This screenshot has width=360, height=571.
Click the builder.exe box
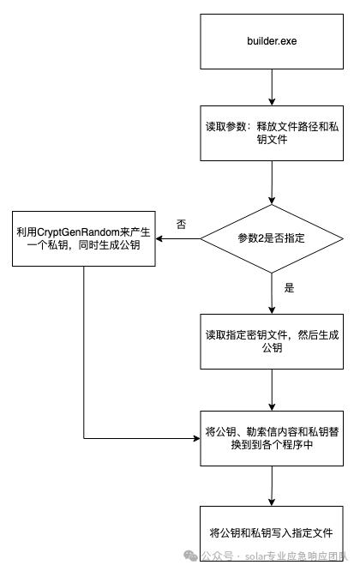[x=272, y=41]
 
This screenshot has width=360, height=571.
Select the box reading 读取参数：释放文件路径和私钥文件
[x=272, y=133]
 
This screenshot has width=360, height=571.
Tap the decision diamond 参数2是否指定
[x=272, y=238]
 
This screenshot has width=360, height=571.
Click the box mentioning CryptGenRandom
[x=84, y=238]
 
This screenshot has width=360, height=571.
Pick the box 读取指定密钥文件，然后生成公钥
[x=272, y=341]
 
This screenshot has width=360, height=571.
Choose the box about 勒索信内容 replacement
[x=272, y=438]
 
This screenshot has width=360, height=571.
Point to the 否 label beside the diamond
[x=181, y=224]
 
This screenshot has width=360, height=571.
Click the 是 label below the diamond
[x=289, y=288]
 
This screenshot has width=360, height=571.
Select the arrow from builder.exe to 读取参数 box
[x=272, y=87]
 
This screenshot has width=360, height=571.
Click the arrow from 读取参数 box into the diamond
[x=272, y=183]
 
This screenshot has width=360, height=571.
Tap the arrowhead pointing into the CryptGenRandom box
[x=159, y=239]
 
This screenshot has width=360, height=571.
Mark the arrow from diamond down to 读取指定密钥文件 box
[x=272, y=293]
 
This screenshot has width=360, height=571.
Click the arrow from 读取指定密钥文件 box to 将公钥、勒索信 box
[x=272, y=390]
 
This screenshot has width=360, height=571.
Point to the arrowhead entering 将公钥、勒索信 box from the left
[x=196, y=438]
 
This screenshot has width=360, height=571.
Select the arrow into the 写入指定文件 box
[x=272, y=486]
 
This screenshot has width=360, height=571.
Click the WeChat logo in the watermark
[x=190, y=556]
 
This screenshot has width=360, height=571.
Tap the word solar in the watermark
[x=256, y=556]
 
